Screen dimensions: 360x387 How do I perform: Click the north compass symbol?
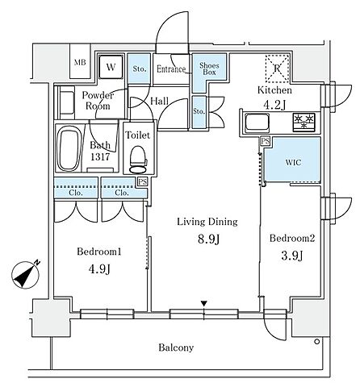(x=26, y=275)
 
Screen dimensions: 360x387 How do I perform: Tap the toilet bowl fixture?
(x=138, y=160)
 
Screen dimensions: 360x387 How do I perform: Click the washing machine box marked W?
(x=111, y=67)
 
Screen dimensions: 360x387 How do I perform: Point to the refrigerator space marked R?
(x=277, y=69)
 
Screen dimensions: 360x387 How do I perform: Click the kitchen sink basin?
(x=257, y=123)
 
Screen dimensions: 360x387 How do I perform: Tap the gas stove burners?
(x=304, y=122)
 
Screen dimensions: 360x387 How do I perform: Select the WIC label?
(x=293, y=162)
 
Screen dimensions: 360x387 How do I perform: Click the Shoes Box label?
(x=209, y=69)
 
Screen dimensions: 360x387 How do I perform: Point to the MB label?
(x=80, y=63)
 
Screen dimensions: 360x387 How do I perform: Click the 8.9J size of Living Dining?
(x=209, y=239)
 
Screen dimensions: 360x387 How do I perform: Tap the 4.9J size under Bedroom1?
(x=99, y=269)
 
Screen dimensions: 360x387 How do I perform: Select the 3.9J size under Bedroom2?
(x=292, y=256)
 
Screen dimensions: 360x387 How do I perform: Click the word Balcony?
(x=176, y=347)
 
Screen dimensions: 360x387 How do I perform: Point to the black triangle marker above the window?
(x=204, y=304)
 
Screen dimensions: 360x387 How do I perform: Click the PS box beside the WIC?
(x=266, y=141)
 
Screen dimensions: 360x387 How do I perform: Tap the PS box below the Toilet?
(x=143, y=182)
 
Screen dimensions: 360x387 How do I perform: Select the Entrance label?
(x=171, y=69)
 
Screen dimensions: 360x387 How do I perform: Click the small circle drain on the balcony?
(x=317, y=342)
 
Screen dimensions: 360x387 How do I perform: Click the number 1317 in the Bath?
(x=100, y=156)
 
